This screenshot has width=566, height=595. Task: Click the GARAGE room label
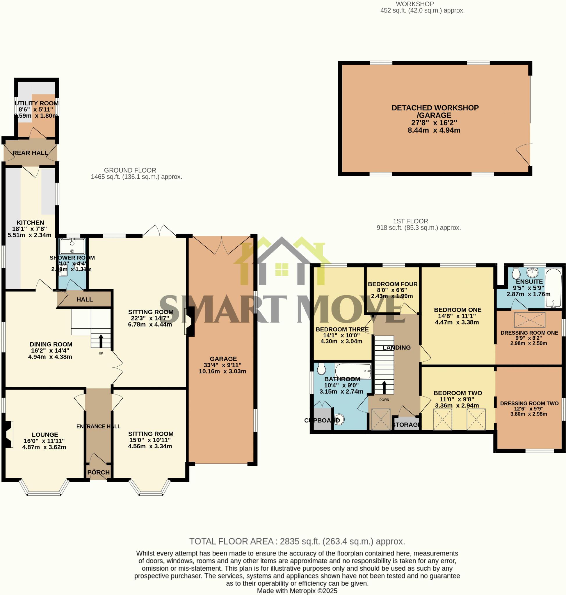[223, 359]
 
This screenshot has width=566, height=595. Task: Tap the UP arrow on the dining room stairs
[100, 341]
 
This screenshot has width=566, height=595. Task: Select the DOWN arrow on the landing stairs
[384, 387]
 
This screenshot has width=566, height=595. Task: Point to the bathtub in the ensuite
[553, 288]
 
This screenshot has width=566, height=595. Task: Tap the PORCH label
[98, 472]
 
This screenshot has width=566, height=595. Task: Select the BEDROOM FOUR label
[393, 284]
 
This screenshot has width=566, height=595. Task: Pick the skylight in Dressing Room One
[529, 320]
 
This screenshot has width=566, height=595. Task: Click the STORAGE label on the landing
[406, 425]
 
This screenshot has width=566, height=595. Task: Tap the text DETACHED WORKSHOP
[435, 108]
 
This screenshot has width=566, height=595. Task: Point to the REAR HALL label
[30, 153]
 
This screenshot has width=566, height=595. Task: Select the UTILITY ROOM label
[37, 103]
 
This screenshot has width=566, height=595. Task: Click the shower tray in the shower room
[72, 246]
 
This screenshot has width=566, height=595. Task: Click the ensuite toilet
[516, 273]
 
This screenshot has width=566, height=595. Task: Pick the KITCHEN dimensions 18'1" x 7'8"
[29, 229]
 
